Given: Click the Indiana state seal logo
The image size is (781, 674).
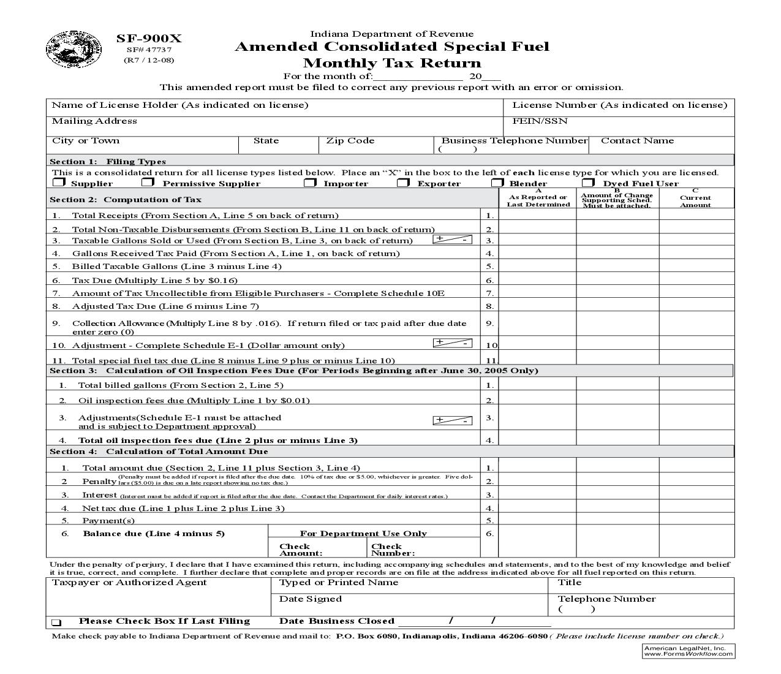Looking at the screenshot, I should coord(66,48).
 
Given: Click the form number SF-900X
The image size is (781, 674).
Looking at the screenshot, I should coord(149,39).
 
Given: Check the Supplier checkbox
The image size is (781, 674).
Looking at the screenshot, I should coord(59,183).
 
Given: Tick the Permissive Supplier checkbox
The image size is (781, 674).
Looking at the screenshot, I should coord(148,183).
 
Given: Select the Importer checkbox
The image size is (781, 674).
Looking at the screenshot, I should coord(311,183).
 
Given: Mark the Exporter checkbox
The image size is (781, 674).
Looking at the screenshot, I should coord(403,183).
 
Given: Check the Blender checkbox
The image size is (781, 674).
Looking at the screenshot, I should coord(497,183).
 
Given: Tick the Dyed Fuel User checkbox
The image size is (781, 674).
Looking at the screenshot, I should coord(588,183).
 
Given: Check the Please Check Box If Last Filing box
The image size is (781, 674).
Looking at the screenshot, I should coord(56,622).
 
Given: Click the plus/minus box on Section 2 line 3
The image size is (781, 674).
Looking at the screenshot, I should coord(452,240).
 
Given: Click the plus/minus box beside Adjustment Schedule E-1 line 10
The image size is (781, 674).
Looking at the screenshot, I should coord(452,343).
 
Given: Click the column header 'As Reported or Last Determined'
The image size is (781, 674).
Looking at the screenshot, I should coord(538,200).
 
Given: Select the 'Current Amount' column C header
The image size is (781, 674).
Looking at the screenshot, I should coord(695,200).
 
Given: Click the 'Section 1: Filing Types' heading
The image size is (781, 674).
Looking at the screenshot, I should coord(108,162).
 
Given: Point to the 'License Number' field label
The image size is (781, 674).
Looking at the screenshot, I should coord(619,105).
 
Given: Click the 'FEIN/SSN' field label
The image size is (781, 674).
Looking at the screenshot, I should coord(540,121).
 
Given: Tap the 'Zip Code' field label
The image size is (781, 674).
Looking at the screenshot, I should coord(350,141).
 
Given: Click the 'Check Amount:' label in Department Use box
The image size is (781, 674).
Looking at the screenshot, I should coord(300,550).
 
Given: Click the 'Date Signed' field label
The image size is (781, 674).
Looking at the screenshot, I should coord(310,599).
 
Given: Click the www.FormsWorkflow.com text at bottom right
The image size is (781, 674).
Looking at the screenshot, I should coord(688,654).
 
